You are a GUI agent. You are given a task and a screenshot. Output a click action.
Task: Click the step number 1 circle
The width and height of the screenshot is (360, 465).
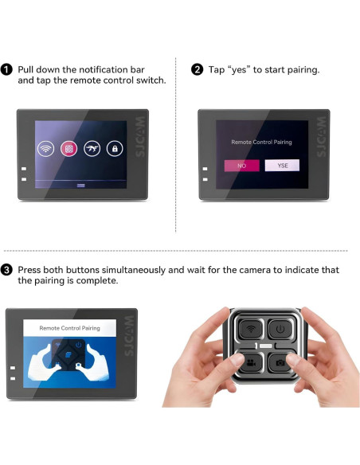6,70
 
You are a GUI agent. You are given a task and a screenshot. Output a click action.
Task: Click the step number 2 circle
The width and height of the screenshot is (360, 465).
197,70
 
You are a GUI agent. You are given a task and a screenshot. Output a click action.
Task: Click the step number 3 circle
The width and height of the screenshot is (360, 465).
6,270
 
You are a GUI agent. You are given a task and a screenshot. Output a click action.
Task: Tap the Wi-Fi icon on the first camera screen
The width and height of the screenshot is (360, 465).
45,149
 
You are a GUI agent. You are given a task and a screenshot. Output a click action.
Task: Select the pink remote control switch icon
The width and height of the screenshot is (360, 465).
68,149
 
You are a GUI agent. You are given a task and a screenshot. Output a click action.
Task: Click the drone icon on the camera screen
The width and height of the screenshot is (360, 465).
92,149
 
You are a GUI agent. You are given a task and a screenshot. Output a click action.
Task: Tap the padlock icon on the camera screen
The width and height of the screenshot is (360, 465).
115,149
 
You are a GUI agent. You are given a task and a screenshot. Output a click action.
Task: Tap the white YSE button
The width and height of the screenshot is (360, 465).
282,166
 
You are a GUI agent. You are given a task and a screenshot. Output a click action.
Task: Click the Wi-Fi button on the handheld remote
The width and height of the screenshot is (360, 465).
251,329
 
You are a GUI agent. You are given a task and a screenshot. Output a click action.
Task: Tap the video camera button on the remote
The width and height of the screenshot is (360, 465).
251,362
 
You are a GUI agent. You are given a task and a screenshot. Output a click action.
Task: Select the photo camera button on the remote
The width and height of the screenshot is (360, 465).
280,362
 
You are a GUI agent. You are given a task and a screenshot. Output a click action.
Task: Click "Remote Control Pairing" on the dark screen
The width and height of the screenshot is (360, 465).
261,142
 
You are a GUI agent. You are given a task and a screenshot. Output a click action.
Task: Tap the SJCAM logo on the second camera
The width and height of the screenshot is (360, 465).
321,137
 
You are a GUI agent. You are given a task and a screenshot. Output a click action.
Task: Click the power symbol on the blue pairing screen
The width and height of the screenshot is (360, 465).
78,345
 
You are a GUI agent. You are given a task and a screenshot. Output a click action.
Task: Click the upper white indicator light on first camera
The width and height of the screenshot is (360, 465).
24,169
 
